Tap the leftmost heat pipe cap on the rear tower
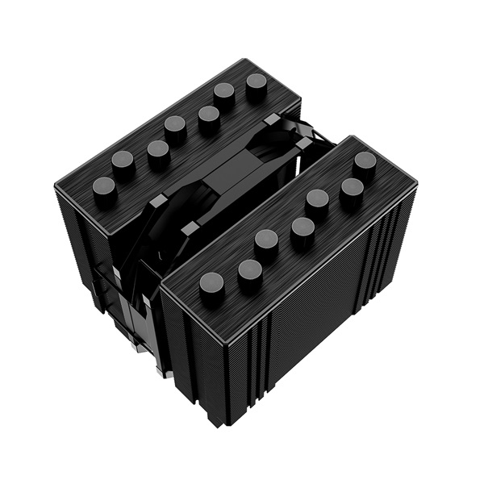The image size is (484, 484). point(105,188)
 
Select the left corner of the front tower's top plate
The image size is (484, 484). point(161,290)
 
